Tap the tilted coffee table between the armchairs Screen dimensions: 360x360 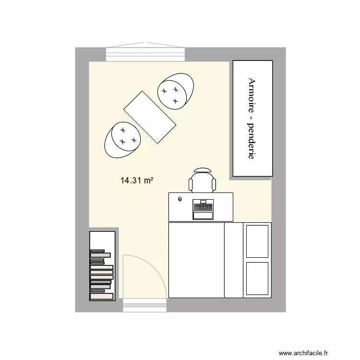pyautogui.click(x=150, y=117)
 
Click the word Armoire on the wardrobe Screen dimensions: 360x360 pyautogui.click(x=251, y=98)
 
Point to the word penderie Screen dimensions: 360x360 pyautogui.click(x=251, y=142)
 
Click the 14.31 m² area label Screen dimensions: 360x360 pyautogui.click(x=137, y=181)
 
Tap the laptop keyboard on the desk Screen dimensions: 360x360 pyautogui.click(x=203, y=207)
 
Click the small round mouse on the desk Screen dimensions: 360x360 pyautogui.click(x=180, y=199)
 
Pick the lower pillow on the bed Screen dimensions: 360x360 pyautogui.click(x=257, y=280)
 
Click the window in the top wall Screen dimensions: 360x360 pyautogui.click(x=146, y=54)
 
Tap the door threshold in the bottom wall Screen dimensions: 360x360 pyautogui.click(x=144, y=305)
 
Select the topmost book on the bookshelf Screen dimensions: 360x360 pyautogui.click(x=97, y=251)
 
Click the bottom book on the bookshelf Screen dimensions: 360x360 pyautogui.click(x=101, y=297)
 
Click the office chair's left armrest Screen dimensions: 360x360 pyautogui.click(x=191, y=184)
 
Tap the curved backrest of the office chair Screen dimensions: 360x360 pyautogui.click(x=202, y=170)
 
